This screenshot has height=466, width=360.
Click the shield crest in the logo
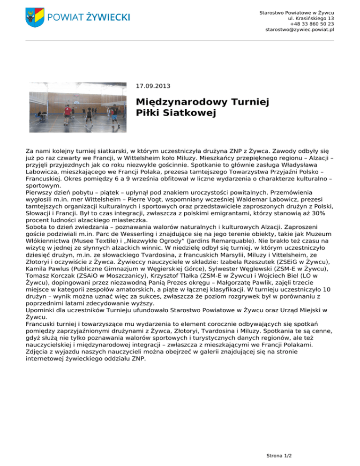pyautogui.click(x=35, y=17)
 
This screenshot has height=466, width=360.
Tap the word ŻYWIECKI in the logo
pyautogui.click(x=108, y=17)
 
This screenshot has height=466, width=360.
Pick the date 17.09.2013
pyautogui.click(x=153, y=86)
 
